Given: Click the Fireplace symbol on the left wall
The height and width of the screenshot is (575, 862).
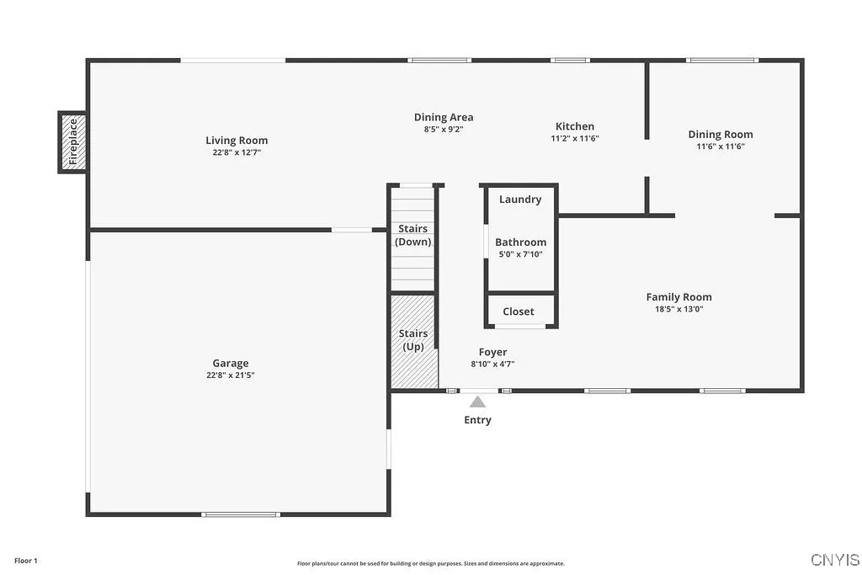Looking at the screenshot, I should [x=73, y=142].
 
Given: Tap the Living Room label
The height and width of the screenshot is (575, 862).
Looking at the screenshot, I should [x=237, y=141].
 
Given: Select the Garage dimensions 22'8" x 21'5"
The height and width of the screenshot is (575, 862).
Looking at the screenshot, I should [x=230, y=375].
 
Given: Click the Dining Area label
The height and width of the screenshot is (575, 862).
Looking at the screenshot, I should [x=443, y=117].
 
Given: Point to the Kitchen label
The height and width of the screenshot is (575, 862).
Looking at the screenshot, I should [x=574, y=126].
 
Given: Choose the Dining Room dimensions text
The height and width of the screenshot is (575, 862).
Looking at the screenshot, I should [x=721, y=146].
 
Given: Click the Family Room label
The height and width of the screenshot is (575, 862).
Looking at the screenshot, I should [x=678, y=296].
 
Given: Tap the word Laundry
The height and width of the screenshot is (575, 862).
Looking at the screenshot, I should [x=520, y=200].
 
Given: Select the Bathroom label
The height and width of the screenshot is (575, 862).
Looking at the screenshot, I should [x=520, y=242].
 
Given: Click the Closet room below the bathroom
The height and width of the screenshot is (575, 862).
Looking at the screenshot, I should [x=519, y=311].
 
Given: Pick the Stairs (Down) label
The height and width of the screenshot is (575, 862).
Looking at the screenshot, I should [x=413, y=235].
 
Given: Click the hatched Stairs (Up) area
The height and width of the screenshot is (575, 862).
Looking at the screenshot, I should [x=413, y=340].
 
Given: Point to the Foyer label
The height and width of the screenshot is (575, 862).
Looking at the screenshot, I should [x=492, y=352].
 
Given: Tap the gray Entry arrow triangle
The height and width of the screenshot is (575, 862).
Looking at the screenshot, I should [x=477, y=402].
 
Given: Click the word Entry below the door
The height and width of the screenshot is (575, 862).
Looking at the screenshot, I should [x=477, y=420].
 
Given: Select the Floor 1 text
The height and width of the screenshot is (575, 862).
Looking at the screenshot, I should [x=26, y=561].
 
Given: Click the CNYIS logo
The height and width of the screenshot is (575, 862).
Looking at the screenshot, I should [x=835, y=560].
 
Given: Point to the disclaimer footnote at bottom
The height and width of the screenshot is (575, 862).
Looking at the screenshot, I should [x=430, y=564].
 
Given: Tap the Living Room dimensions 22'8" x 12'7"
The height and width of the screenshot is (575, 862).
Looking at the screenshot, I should [x=237, y=153].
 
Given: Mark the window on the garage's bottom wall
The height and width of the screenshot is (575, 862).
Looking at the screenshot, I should [x=241, y=514].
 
